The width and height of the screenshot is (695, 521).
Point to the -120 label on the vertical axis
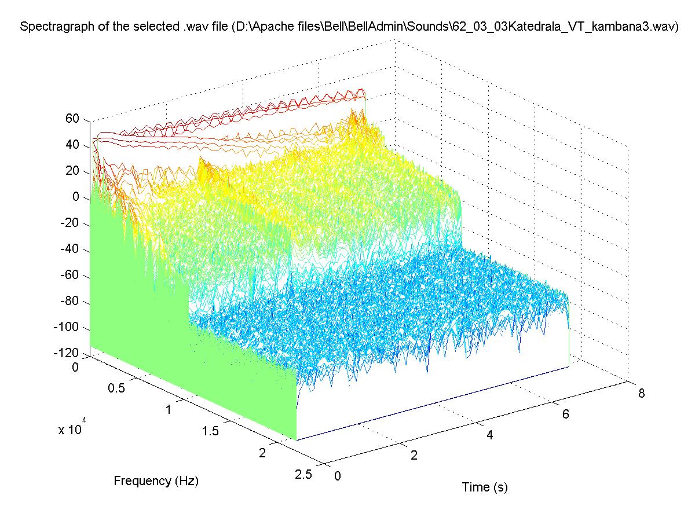click(x=68, y=354)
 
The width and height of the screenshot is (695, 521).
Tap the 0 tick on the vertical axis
click(x=75, y=197)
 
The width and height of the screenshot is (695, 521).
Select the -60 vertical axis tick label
click(x=71, y=276)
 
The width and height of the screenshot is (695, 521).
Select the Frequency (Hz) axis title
click(x=156, y=480)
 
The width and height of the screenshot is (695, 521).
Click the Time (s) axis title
click(x=485, y=487)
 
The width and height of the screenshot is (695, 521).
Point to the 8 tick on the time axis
click(x=641, y=394)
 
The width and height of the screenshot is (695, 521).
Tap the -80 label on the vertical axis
click(x=71, y=302)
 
